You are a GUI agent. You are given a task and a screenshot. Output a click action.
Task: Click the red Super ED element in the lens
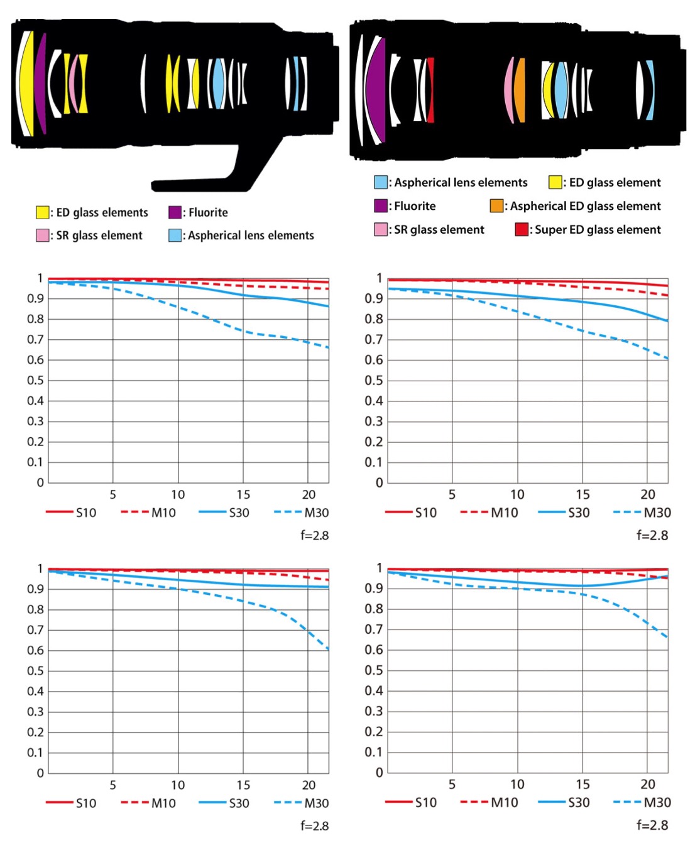point(430,90)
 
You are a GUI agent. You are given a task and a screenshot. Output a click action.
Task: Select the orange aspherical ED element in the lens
point(519,90)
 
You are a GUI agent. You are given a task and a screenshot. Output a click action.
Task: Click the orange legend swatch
point(496,206)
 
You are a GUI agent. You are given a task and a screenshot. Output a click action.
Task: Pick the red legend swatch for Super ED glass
point(522,229)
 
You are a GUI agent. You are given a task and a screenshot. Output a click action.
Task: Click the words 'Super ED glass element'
point(598,229)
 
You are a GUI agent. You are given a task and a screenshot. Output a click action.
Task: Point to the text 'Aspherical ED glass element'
point(585,206)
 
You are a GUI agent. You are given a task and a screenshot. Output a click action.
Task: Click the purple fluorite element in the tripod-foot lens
point(41,83)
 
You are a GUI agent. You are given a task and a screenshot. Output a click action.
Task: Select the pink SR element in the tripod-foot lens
point(74,84)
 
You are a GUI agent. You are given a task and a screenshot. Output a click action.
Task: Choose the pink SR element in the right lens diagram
point(508,90)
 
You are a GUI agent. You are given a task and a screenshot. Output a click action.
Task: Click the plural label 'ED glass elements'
point(102,212)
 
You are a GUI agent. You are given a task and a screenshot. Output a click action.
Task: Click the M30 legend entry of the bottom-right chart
point(642,802)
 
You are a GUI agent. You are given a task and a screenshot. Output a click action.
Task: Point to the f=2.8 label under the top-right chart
point(652,535)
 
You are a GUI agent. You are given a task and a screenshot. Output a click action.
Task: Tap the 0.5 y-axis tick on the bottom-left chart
point(35,671)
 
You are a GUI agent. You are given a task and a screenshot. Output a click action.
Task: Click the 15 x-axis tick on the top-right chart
point(582,494)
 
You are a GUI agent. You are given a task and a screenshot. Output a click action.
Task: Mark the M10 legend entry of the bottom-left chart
point(149,803)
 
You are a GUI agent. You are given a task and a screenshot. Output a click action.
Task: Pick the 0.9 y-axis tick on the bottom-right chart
point(374,588)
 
